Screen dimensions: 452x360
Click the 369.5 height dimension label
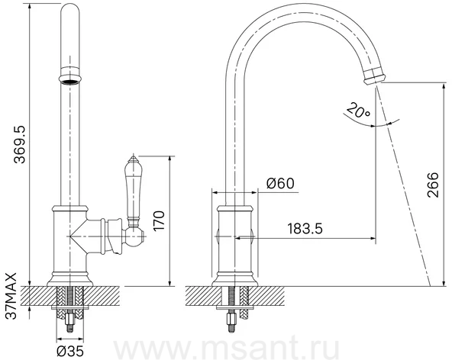pyautogui.click(x=20, y=145)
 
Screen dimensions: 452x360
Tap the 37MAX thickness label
pyautogui.click(x=11, y=296)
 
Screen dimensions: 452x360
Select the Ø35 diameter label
pyautogui.click(x=70, y=351)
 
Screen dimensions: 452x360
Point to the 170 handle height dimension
pyautogui.click(x=159, y=220)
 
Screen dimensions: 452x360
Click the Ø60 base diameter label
pyautogui.click(x=280, y=183)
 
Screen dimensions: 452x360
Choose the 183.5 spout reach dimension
pyautogui.click(x=305, y=228)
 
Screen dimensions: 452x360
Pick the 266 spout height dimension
pyautogui.click(x=433, y=185)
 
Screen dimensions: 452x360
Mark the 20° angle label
pyautogui.click(x=358, y=111)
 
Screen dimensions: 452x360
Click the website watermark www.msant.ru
pyautogui.click(x=226, y=349)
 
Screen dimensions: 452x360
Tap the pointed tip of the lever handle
pyautogui.click(x=133, y=155)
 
